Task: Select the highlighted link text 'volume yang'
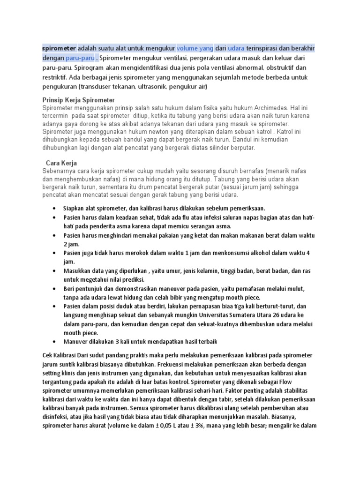point(195,48)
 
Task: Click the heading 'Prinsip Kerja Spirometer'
point(78,101)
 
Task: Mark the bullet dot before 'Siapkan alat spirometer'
point(56,208)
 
